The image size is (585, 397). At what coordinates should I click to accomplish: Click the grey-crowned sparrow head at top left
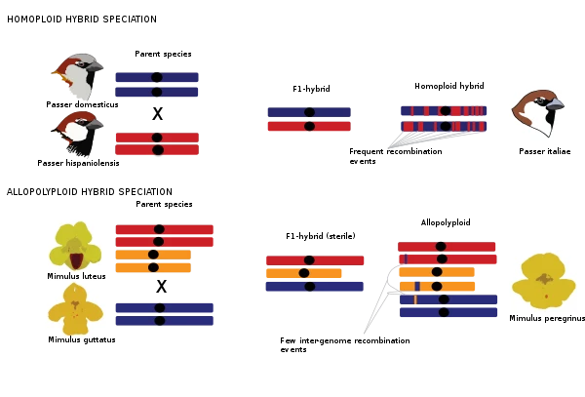coord(77,75)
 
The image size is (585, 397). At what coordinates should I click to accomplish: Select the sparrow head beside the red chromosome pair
coord(79,134)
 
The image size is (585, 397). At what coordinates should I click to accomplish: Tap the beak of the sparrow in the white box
coord(555,101)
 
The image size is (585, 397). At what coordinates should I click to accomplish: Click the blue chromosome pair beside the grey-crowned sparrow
coord(156,85)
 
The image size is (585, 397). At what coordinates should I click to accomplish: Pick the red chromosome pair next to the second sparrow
coord(157,144)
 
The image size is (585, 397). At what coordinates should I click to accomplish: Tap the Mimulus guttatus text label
coord(78,339)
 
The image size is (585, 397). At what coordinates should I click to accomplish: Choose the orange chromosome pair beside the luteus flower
coord(153,260)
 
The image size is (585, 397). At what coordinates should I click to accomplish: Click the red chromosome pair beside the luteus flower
coord(163,235)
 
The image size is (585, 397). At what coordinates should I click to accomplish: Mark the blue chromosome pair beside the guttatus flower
coord(163,313)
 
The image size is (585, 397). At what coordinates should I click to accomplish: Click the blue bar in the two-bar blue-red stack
coord(308,111)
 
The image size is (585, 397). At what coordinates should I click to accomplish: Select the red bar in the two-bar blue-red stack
coord(308,126)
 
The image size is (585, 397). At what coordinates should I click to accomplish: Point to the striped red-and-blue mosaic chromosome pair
coord(444,118)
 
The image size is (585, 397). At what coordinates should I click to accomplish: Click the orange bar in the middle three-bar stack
coord(303,273)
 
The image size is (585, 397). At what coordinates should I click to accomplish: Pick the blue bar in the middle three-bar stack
coord(314,288)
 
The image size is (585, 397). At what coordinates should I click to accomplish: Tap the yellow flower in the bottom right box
coord(545,279)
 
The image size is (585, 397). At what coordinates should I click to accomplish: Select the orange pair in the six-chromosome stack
coord(437,279)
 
